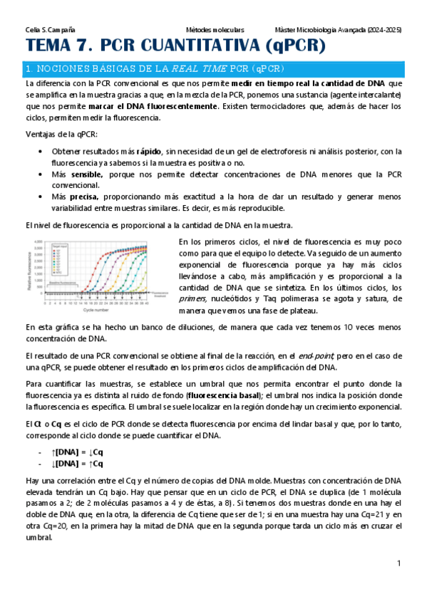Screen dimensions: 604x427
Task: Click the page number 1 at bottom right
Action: point(400,563)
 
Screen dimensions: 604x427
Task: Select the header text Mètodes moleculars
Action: point(215,31)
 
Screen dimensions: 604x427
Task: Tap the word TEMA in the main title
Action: point(52,47)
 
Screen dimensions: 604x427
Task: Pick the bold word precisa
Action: point(84,196)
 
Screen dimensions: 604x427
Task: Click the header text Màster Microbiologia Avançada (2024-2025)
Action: point(337,31)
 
